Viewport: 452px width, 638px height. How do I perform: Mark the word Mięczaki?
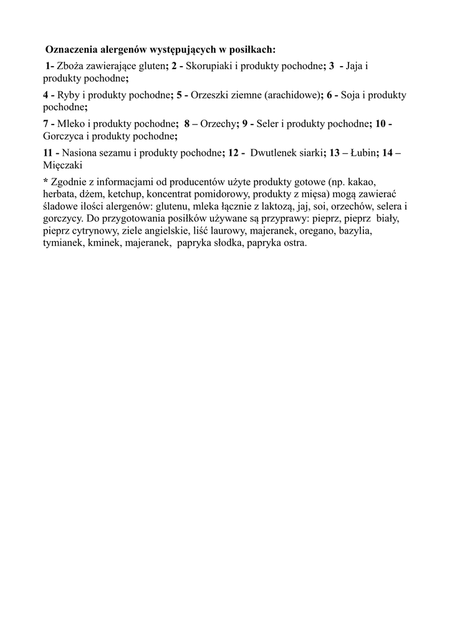point(63,164)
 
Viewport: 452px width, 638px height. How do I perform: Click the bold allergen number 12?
point(234,153)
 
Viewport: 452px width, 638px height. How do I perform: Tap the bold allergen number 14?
point(389,153)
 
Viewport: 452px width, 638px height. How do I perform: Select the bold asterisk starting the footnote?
point(46,181)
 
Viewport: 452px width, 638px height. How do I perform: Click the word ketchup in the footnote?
point(125,194)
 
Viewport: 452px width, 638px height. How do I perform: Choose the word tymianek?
point(63,244)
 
